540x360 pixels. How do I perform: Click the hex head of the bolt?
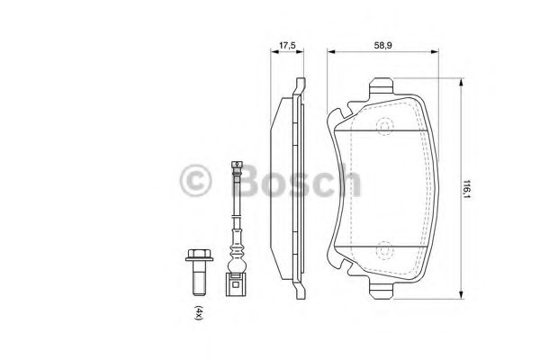point(194,256)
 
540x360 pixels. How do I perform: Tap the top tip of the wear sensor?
point(237,162)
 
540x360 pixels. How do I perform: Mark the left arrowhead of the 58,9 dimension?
point(329,54)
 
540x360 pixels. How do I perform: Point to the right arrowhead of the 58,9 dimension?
point(439,54)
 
